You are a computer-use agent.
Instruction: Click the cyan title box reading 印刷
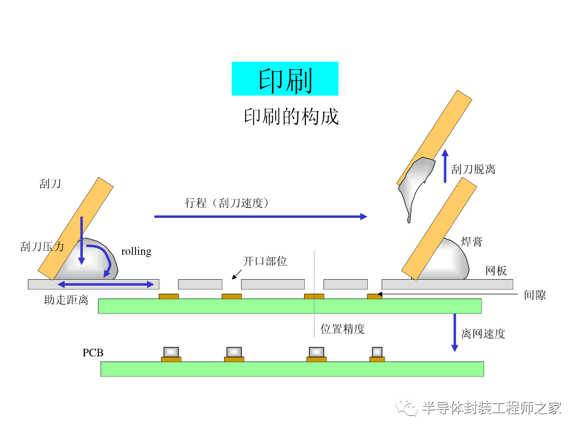point(285,79)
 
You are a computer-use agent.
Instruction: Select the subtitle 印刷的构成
point(291,117)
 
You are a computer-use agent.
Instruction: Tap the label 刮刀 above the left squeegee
point(50,184)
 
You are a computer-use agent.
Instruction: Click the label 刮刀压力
point(42,247)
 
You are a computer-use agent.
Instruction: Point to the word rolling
point(136,251)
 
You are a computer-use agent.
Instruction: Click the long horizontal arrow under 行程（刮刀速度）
point(260,216)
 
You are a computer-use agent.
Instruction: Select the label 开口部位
point(265,261)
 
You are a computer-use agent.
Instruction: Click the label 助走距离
point(66,300)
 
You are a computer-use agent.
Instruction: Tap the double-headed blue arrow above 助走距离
point(106,285)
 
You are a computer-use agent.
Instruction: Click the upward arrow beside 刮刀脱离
point(445,166)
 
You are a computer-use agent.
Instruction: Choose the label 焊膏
point(472,242)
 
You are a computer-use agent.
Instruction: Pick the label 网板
point(496,271)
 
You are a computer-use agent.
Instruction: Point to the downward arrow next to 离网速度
point(455,332)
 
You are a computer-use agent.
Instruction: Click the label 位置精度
point(343,329)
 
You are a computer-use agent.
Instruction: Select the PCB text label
point(93,353)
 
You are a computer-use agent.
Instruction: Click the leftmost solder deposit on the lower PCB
point(171,352)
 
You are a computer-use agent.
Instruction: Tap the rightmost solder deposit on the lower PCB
point(377,352)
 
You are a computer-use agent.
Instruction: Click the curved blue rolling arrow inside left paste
point(104,258)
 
